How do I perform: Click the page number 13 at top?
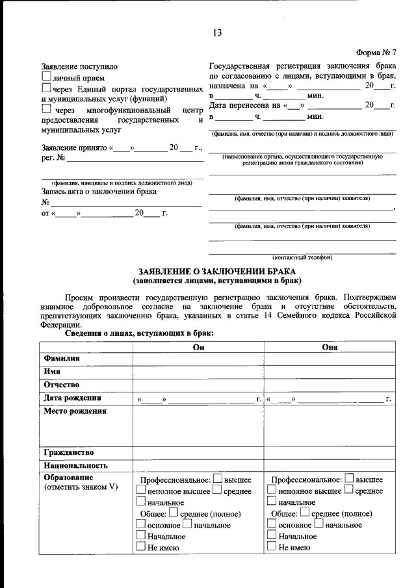pyautogui.click(x=216, y=33)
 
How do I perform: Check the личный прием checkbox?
pyautogui.click(x=46, y=77)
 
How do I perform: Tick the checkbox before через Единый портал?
pyautogui.click(x=46, y=88)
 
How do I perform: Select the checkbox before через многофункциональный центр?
pyautogui.click(x=46, y=110)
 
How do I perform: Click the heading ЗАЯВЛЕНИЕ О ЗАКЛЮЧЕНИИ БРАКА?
pyautogui.click(x=216, y=271)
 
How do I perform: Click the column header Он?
pyautogui.click(x=198, y=348)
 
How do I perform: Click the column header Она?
pyautogui.click(x=330, y=348)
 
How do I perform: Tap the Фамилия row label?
pyautogui.click(x=62, y=359)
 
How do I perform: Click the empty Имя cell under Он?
pyautogui.click(x=198, y=372)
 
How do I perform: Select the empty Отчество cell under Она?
pyautogui.click(x=330, y=385)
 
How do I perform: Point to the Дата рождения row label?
pyautogui.click(x=72, y=398)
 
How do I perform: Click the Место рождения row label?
pyautogui.click(x=75, y=411)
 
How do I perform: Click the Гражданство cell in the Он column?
pyautogui.click(x=198, y=452)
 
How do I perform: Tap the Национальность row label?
pyautogui.click(x=75, y=466)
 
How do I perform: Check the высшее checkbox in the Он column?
pyautogui.click(x=218, y=479)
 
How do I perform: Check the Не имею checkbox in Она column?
pyautogui.click(x=272, y=547)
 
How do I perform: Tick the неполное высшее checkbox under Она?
pyautogui.click(x=272, y=491)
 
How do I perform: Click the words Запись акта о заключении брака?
pyautogui.click(x=99, y=192)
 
